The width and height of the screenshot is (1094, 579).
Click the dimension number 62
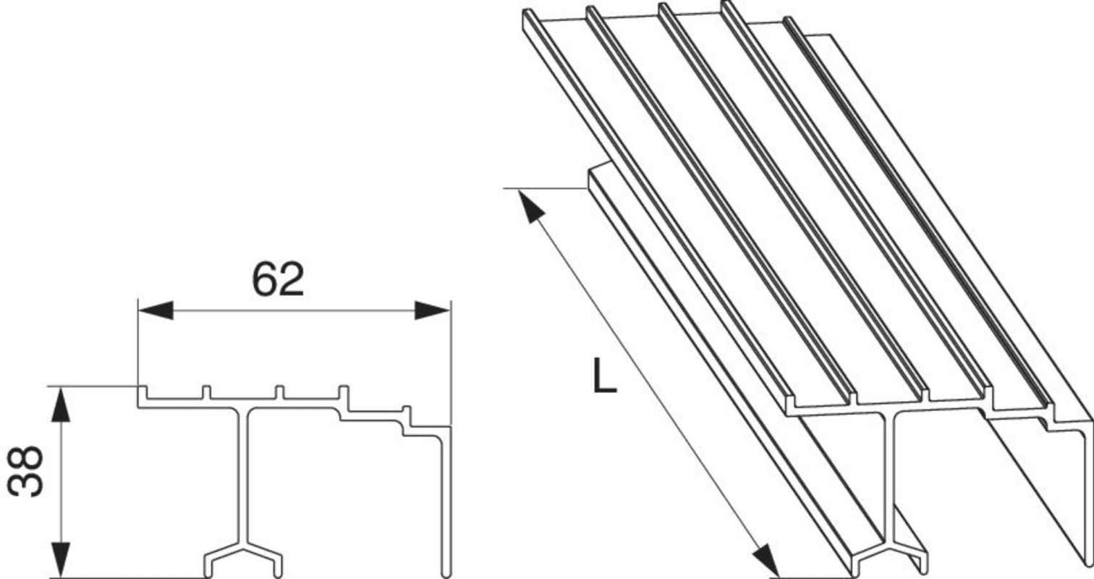click(278, 279)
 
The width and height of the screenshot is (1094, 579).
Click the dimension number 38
click(25, 471)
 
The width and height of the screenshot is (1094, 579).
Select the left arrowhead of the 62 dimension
click(156, 310)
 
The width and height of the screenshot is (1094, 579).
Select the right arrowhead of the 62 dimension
click(432, 310)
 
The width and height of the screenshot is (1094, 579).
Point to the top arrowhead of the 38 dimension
click(61, 404)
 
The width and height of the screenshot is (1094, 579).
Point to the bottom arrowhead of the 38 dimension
click(61, 560)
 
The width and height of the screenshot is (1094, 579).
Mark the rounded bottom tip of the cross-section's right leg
click(446, 575)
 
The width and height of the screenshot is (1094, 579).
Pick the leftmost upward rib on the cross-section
click(143, 392)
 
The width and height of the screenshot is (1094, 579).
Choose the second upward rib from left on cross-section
click(207, 392)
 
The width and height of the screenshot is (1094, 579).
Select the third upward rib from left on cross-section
click(279, 392)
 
